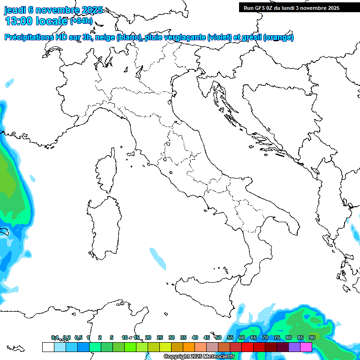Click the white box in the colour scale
click(48, 347)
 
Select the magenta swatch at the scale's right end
click(306, 347)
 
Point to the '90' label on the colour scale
click(312, 337)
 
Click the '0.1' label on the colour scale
click(55, 337)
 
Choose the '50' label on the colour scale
click(218, 337)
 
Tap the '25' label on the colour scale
click(160, 337)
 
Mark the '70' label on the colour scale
click(265, 337)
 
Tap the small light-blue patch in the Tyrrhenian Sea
click(157, 259)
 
